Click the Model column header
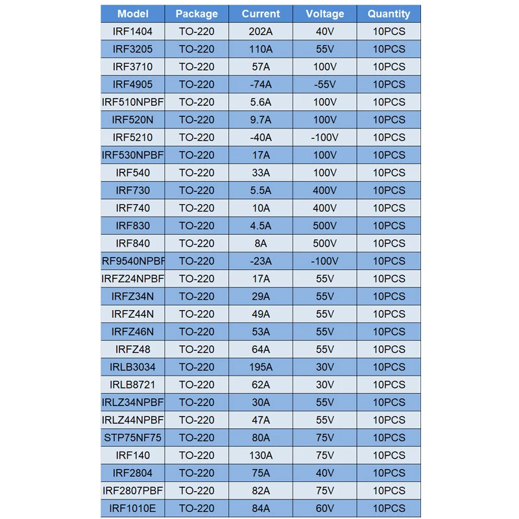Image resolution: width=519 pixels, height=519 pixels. point(133,14)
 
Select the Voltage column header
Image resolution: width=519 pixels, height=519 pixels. point(325,14)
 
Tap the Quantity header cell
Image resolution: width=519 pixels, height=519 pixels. point(389,14)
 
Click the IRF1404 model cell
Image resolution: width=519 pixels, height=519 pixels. point(133,31)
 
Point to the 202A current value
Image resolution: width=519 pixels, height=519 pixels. point(261,31)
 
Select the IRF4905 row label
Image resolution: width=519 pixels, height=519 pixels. point(133,84)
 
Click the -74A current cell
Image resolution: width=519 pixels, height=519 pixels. point(261,84)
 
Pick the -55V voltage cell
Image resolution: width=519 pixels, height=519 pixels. point(325,84)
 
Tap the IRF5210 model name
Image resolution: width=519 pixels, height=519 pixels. point(133,138)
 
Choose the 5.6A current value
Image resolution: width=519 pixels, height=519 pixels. point(261,102)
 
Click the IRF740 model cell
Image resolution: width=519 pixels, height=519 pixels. point(133,208)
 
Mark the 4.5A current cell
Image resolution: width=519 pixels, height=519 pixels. point(261,226)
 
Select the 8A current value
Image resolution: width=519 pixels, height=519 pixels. point(261,243)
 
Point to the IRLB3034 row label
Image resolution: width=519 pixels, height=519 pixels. point(133,367)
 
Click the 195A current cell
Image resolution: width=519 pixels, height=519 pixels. point(261,367)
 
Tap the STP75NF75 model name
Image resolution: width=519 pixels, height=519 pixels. point(133,438)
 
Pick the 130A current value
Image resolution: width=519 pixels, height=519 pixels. point(261,455)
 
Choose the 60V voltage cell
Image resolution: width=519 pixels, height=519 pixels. point(325,509)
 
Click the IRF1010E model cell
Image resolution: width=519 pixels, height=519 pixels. point(133,509)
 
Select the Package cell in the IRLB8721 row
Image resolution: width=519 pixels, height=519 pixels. point(197,385)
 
